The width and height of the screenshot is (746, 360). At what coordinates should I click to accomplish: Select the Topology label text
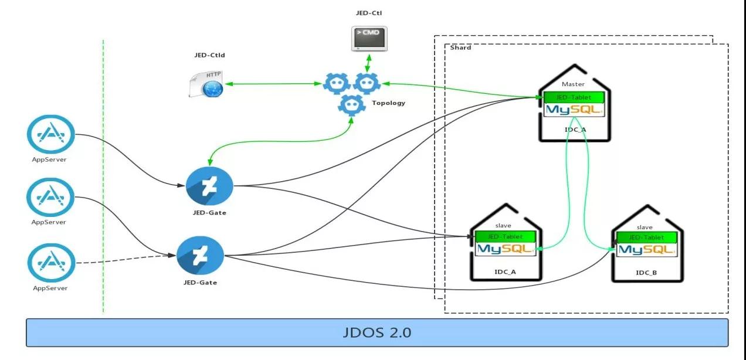pyautogui.click(x=388, y=103)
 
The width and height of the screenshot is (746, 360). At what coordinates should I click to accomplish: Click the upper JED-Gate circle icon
pyautogui.click(x=209, y=186)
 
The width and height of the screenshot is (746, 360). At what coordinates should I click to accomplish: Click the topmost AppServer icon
pyautogui.click(x=51, y=134)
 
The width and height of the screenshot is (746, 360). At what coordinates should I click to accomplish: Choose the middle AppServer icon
pyautogui.click(x=51, y=197)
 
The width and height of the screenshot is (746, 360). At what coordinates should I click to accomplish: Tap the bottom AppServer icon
pyautogui.click(x=51, y=263)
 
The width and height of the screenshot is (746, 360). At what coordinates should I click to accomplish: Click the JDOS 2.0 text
pyautogui.click(x=377, y=332)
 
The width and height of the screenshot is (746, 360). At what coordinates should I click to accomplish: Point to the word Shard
pyautogui.click(x=460, y=47)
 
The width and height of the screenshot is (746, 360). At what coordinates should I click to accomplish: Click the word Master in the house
pyautogui.click(x=573, y=84)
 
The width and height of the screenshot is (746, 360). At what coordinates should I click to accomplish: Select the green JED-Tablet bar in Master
pyautogui.click(x=574, y=97)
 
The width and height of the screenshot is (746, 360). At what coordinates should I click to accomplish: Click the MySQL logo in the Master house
pyautogui.click(x=574, y=110)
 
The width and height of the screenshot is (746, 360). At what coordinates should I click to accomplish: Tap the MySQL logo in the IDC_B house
pyautogui.click(x=646, y=250)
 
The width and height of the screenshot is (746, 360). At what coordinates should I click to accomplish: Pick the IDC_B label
pyautogui.click(x=646, y=273)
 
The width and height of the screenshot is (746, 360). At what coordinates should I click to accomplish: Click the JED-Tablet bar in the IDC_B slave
pyautogui.click(x=646, y=237)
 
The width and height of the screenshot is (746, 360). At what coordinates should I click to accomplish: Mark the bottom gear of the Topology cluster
pyautogui.click(x=351, y=105)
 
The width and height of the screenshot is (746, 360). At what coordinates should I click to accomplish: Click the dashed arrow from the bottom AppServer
pyautogui.click(x=126, y=260)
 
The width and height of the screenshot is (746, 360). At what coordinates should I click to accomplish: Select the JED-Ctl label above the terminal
pyautogui.click(x=369, y=13)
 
